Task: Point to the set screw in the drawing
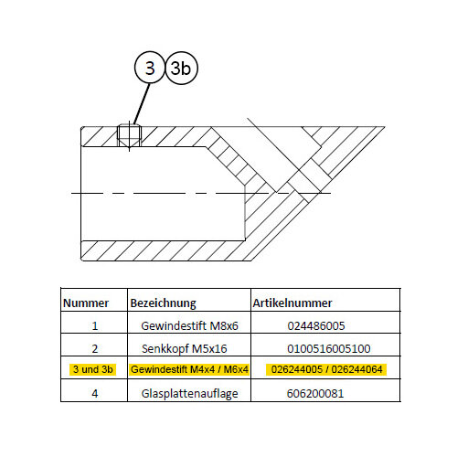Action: pyautogui.click(x=129, y=136)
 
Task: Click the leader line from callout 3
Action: pyautogui.click(x=142, y=103)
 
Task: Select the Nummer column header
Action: pyautogui.click(x=86, y=303)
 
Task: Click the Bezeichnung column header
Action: pyautogui.click(x=163, y=303)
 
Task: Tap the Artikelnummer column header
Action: pyautogui.click(x=292, y=303)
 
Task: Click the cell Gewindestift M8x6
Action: pyautogui.click(x=189, y=325)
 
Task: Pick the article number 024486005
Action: pyautogui.click(x=316, y=325)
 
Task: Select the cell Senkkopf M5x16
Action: pyautogui.click(x=185, y=348)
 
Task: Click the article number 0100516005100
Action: pyautogui.click(x=329, y=348)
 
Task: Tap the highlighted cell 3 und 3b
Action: pyautogui.click(x=93, y=369)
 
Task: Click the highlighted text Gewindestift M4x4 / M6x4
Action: pyautogui.click(x=189, y=369)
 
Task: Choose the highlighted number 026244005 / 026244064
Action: pyautogui.click(x=326, y=369)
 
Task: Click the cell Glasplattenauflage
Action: pyautogui.click(x=189, y=394)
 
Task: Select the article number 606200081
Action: pyautogui.click(x=315, y=393)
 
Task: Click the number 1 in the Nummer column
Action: pyautogui.click(x=95, y=326)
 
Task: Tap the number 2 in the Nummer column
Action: pyautogui.click(x=95, y=348)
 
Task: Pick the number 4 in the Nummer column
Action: pyautogui.click(x=95, y=393)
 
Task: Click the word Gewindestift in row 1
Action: pyautogui.click(x=174, y=325)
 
